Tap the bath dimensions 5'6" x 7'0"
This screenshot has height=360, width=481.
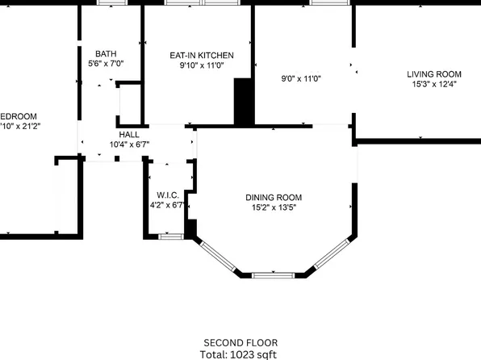[105, 62]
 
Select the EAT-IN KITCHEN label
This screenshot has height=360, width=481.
[201, 55]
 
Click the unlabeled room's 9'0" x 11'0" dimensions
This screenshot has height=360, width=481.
[301, 79]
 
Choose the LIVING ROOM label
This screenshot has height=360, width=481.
[434, 74]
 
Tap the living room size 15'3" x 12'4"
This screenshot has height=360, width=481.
[434, 84]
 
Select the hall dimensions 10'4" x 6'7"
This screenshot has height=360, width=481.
[129, 144]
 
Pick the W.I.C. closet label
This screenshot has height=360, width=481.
[167, 195]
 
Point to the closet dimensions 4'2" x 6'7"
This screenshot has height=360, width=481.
[167, 205]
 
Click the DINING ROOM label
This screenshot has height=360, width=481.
[274, 197]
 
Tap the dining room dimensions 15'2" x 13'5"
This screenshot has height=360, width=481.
[274, 207]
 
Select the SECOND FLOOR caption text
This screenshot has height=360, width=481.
[240, 341]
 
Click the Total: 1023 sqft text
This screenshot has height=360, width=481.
[240, 353]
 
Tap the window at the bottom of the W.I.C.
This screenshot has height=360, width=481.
[169, 237]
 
